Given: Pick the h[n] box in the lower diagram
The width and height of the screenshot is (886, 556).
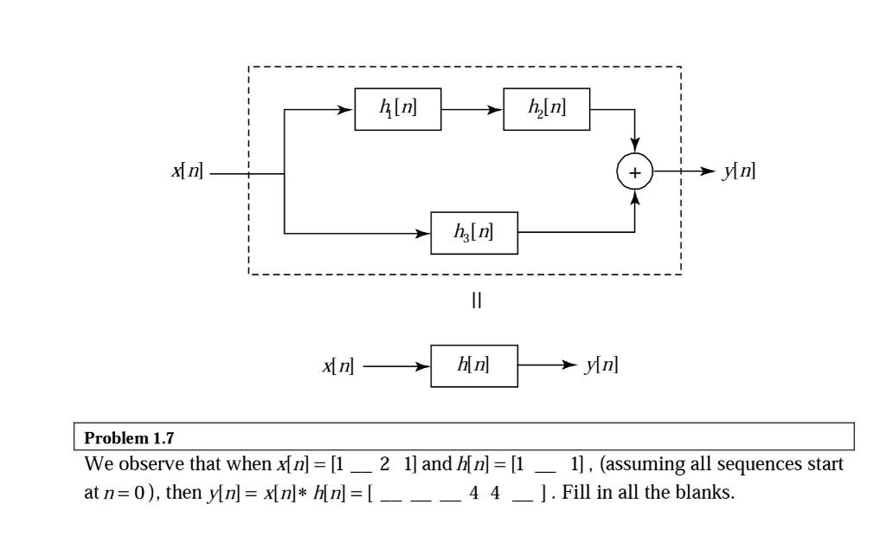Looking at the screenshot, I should [474, 365].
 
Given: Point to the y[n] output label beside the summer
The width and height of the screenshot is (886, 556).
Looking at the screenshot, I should [738, 172].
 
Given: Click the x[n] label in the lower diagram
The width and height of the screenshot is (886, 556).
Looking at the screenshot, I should [337, 365].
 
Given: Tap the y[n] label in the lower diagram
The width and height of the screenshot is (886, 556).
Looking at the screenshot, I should [600, 365].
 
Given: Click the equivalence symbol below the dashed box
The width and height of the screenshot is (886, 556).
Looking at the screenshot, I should [474, 300].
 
